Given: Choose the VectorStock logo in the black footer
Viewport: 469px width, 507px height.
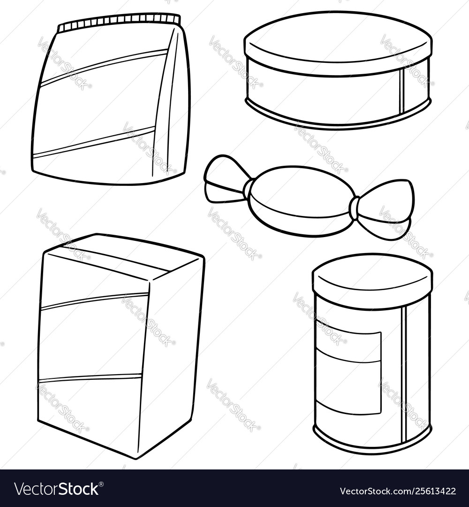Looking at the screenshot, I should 59,489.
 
